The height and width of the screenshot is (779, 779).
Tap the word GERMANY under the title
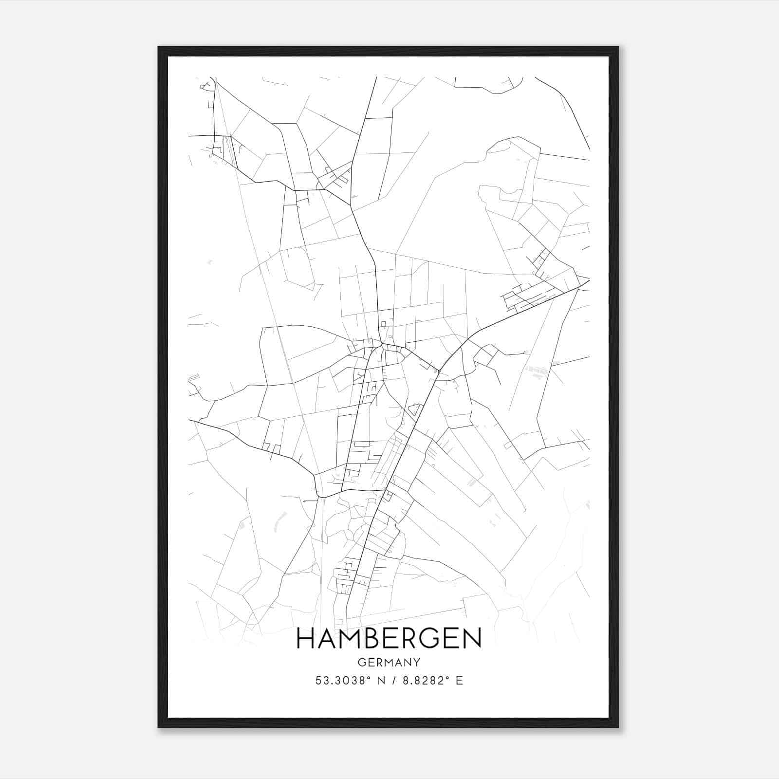coord(389,663)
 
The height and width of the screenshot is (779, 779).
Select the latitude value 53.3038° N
coord(346,681)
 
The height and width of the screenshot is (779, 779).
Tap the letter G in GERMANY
coord(361,663)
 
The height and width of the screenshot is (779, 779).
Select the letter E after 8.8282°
coord(459,681)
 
